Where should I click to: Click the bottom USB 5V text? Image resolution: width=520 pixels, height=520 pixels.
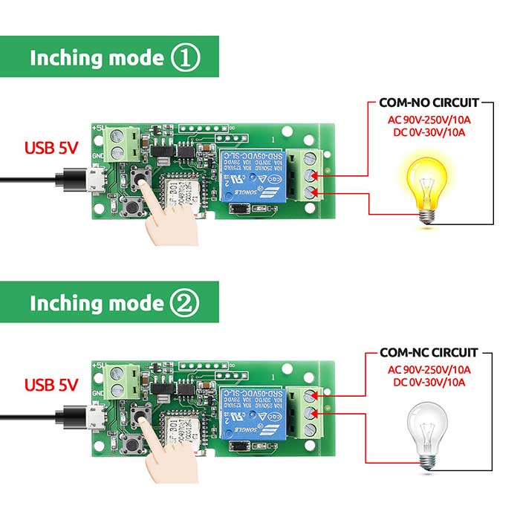tap(51, 385)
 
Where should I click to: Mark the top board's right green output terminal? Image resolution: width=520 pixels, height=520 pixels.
tap(309, 175)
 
